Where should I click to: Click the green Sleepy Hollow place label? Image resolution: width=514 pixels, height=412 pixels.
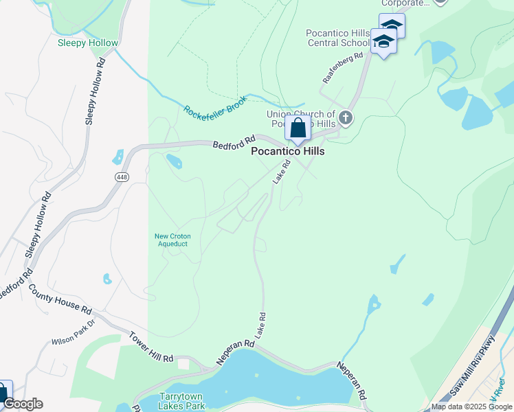tap(88, 43)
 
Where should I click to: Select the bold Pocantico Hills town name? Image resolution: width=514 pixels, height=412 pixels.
tap(287, 151)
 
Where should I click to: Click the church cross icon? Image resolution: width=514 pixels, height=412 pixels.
tap(345, 118)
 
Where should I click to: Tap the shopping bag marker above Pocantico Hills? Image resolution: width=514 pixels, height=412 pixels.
tap(298, 129)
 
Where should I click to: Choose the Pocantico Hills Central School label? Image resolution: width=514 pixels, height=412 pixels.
tap(338, 38)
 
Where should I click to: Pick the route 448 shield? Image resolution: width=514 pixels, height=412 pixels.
tap(122, 177)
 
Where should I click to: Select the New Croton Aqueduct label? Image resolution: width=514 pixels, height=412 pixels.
tap(172, 240)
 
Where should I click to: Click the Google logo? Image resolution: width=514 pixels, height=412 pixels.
tap(23, 404)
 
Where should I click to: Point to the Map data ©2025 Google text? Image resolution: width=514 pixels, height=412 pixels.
tap(471, 407)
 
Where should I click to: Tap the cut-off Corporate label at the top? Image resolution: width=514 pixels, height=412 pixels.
tap(405, 3)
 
